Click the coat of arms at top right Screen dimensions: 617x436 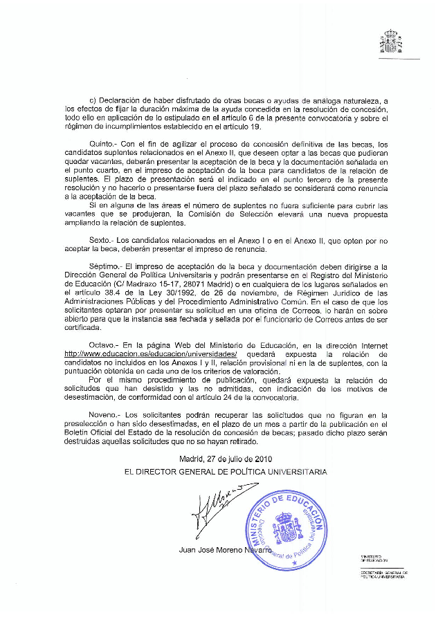(391, 42)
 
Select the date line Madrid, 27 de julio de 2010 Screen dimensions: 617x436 (226, 458)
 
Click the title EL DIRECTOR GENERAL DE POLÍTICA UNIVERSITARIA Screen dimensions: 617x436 (226, 472)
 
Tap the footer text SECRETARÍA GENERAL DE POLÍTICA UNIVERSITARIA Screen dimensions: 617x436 (385, 574)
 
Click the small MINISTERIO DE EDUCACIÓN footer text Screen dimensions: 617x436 (374, 558)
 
